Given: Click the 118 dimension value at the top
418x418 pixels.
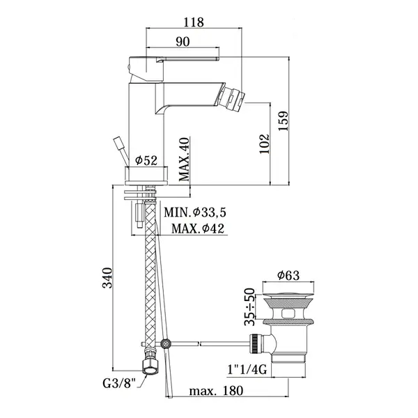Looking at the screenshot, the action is (x=194, y=22).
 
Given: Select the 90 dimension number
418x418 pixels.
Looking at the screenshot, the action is (x=183, y=42).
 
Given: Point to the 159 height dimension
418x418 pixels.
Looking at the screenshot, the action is (x=283, y=121).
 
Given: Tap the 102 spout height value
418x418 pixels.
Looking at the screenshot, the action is (x=265, y=144).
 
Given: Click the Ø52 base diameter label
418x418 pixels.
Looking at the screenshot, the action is (x=146, y=160).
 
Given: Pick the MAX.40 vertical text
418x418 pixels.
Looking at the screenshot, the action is (x=184, y=159).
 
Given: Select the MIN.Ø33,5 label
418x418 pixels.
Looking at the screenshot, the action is (x=195, y=212).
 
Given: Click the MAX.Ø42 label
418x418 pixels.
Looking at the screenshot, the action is (x=198, y=229).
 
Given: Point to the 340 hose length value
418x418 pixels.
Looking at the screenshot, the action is (x=108, y=278).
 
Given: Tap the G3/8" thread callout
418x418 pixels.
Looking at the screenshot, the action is (x=119, y=384).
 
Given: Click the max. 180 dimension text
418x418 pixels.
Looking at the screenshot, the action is (x=216, y=391).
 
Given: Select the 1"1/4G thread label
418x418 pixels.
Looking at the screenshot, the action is (x=247, y=369).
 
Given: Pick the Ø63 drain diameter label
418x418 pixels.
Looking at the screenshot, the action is (x=288, y=275).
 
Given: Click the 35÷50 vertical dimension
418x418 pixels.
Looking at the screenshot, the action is (x=249, y=307).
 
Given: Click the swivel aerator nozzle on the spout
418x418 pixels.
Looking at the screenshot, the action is (x=231, y=97).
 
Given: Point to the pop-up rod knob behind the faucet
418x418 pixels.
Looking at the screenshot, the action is (x=118, y=142).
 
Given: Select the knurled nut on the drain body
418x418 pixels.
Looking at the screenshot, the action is (x=255, y=343).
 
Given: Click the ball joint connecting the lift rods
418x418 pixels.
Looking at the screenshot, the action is (x=167, y=344).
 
